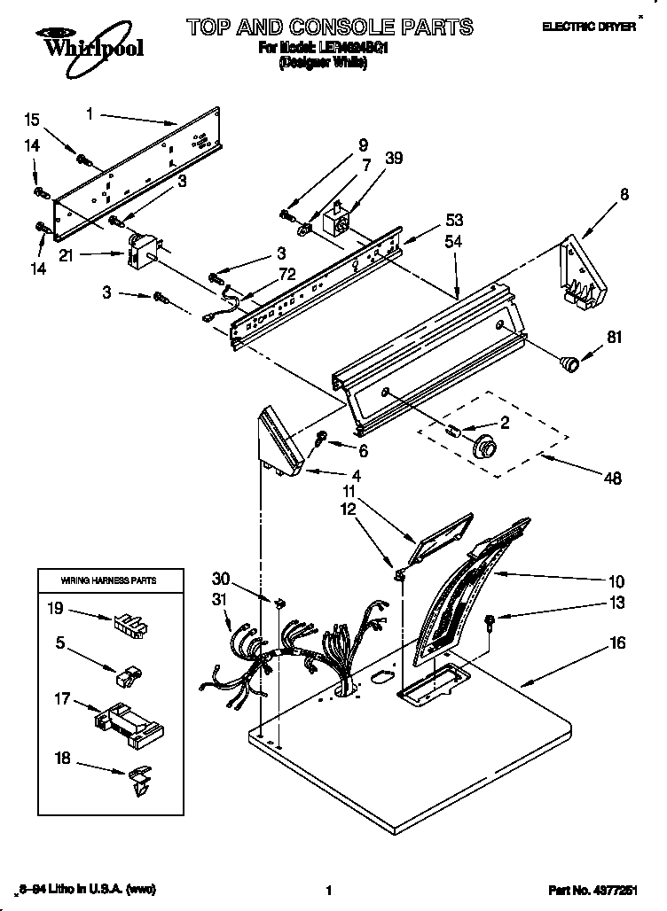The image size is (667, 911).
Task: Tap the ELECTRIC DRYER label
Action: click(589, 27)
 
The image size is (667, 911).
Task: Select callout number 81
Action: click(615, 337)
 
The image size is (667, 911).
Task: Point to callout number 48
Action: click(612, 479)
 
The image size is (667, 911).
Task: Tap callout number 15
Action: click(32, 120)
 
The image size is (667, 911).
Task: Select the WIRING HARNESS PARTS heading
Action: click(108, 580)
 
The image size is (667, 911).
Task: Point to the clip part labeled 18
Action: click(139, 779)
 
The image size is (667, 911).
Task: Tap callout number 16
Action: click(617, 642)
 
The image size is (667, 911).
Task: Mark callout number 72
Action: click(287, 276)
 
